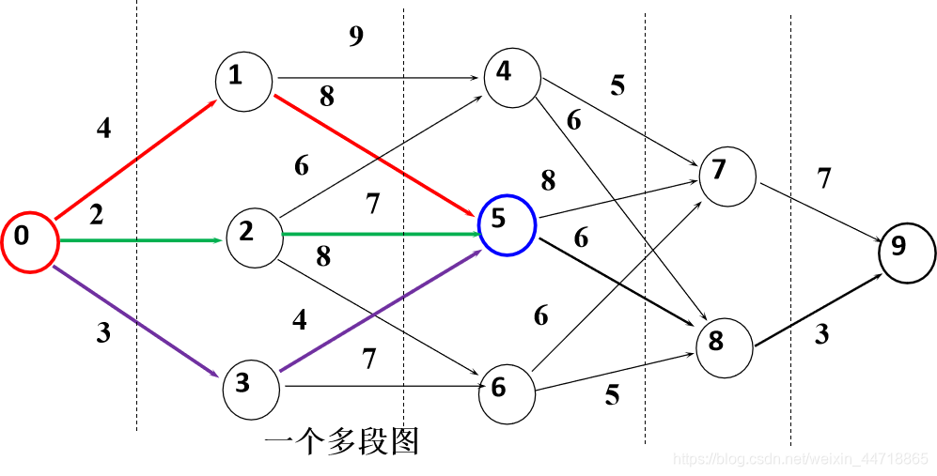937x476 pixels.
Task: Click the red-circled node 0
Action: click(x=29, y=243)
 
